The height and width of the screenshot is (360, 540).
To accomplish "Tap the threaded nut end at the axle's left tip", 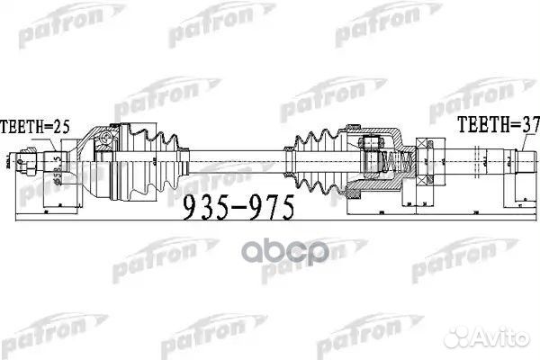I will coord(29,163).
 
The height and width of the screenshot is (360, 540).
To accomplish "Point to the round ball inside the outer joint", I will coord(105,140).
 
